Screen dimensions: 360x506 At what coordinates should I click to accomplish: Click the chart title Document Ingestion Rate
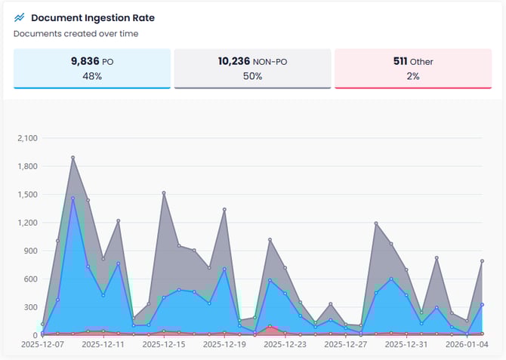click(93, 17)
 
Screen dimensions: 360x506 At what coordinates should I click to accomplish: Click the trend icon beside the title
click(20, 17)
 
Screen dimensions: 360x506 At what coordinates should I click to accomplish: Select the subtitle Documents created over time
click(76, 33)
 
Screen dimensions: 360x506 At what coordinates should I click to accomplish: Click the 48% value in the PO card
click(91, 76)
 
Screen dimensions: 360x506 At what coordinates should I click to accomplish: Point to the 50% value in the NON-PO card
click(252, 76)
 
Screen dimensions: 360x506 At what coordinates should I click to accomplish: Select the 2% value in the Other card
click(412, 76)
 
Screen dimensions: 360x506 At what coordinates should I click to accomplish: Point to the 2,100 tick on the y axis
click(26, 138)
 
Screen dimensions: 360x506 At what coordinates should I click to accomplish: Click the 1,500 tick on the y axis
click(26, 194)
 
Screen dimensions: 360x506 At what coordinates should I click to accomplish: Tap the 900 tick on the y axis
click(29, 251)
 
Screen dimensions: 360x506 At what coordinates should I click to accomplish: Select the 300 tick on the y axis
click(29, 306)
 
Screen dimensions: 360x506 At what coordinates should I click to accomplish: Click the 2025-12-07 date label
click(42, 344)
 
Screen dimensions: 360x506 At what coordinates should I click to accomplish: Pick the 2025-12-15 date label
click(164, 344)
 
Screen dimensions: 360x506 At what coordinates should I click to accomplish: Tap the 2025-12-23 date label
click(285, 344)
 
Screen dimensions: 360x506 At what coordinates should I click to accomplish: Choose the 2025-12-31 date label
click(406, 344)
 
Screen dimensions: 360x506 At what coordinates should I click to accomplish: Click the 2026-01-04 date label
click(467, 344)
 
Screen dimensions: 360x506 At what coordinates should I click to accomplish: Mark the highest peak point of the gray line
click(73, 158)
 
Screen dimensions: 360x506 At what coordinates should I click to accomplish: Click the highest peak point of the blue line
click(73, 198)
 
